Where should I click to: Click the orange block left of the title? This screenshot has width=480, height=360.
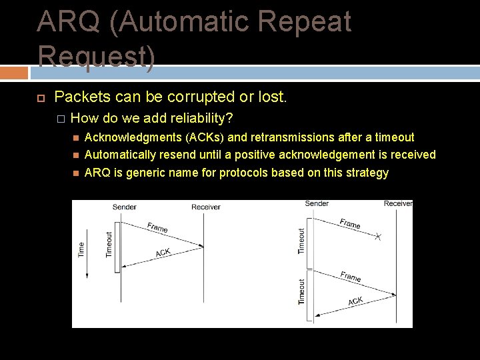tap(14, 73)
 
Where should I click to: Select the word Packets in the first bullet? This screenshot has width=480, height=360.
tap(82, 97)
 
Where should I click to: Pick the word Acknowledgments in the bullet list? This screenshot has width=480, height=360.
tap(127, 137)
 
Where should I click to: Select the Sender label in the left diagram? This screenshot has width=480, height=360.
tap(124, 207)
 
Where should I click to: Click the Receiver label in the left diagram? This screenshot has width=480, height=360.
tap(205, 207)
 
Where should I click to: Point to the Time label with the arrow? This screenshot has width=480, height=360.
tap(82, 249)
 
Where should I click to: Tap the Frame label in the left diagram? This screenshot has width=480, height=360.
tap(157, 227)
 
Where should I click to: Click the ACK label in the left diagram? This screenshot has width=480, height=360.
tap(163, 253)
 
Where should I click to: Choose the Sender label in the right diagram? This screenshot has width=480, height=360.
tap(317, 203)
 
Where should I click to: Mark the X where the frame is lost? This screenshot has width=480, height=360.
tap(378, 237)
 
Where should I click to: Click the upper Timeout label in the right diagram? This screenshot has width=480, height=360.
tap(301, 241)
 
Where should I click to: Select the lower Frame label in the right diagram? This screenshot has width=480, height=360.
tap(350, 275)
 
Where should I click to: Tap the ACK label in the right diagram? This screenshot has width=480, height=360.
tap(355, 301)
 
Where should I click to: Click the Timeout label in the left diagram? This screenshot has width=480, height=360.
tap(109, 245)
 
